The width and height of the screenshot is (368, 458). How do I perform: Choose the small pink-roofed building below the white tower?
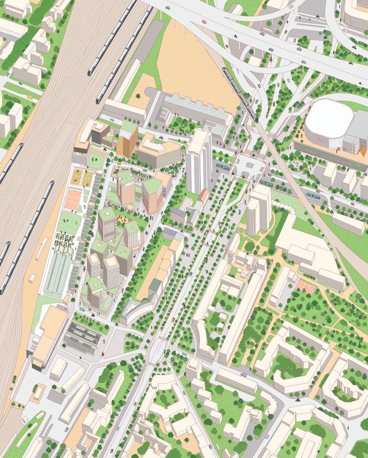203,195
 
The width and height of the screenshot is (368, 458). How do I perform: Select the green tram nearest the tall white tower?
222,166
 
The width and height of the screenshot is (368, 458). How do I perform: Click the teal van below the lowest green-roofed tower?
82,309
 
